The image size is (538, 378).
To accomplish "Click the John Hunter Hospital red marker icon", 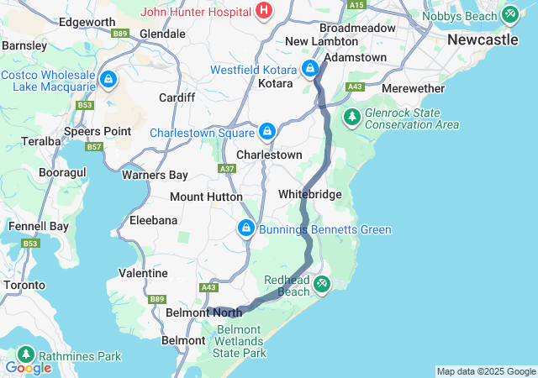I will (x=264, y=12).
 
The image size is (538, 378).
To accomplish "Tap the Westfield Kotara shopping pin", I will (x=309, y=68).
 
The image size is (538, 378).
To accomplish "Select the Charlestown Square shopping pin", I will (x=266, y=131).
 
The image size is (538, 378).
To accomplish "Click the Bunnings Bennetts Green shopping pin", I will (x=245, y=228).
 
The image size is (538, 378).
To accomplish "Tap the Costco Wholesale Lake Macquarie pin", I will (x=108, y=80).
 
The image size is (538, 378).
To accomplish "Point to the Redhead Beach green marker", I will (x=321, y=286).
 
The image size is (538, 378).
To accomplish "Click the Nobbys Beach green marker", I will (x=509, y=14).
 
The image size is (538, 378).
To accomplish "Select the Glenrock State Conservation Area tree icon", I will (x=351, y=117).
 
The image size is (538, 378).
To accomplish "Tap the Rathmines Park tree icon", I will (x=27, y=355).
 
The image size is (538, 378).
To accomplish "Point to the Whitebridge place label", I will (x=310, y=194).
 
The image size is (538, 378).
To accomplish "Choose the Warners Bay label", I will (x=155, y=176).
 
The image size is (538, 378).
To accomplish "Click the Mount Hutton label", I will (x=206, y=197).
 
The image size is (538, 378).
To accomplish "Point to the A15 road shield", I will (x=357, y=5).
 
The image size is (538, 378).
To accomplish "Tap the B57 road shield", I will (x=94, y=147).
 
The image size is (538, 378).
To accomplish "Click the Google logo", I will (x=28, y=368).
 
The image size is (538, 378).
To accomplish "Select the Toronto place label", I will (x=24, y=285).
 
